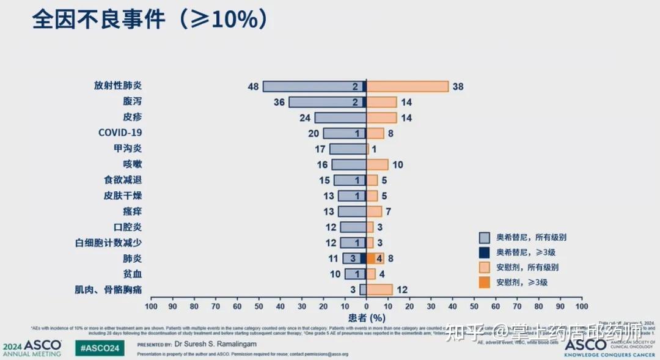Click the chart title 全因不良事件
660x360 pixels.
[x=98, y=20]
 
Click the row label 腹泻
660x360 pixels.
[x=132, y=101]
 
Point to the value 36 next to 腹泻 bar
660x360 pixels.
[x=279, y=102]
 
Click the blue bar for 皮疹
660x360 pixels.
[x=340, y=117]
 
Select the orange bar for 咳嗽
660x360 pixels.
[x=378, y=164]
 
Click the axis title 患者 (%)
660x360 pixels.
[x=367, y=317]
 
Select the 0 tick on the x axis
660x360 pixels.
[x=366, y=306]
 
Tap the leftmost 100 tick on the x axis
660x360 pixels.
[x=151, y=306]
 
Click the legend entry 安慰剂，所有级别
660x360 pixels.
[x=527, y=267]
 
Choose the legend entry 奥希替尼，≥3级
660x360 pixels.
[x=525, y=252]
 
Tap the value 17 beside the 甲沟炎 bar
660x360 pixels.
[x=320, y=149]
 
